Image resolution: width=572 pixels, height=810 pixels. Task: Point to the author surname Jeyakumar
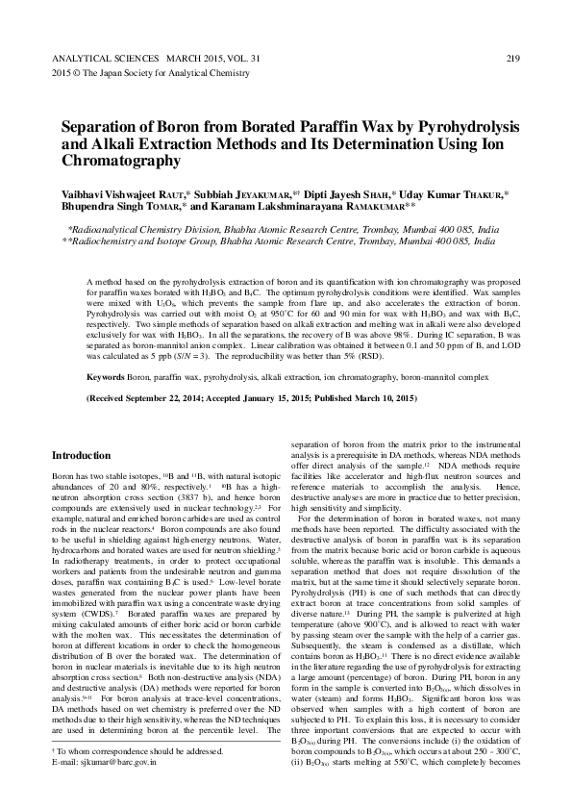[273, 193]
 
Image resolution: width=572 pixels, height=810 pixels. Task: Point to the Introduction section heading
[81, 455]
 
